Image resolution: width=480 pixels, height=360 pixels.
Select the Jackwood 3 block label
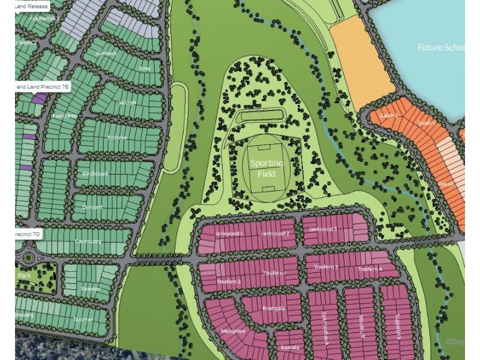pyautogui.click(x=323, y=229)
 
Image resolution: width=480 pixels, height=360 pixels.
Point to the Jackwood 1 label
pyautogui.click(x=228, y=233)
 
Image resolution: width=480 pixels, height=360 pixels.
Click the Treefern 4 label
pyautogui.click(x=370, y=269)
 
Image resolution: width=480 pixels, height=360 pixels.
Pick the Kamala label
pyautogui.click(x=290, y=347)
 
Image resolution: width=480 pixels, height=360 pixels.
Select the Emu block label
pyautogui.click(x=144, y=68)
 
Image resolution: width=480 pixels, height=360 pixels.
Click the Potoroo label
pyautogui.click(x=117, y=137)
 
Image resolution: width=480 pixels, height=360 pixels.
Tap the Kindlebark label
pyautogui.click(x=96, y=173)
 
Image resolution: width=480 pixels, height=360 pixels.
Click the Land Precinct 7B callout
pyautogui.click(x=42, y=87)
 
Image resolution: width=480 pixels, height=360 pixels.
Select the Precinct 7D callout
pyautogui.click(x=29, y=233)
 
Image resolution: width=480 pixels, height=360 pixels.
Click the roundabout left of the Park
pyautogui.click(x=28, y=258)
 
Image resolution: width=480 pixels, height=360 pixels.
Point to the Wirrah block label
pyautogui.click(x=128, y=103)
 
